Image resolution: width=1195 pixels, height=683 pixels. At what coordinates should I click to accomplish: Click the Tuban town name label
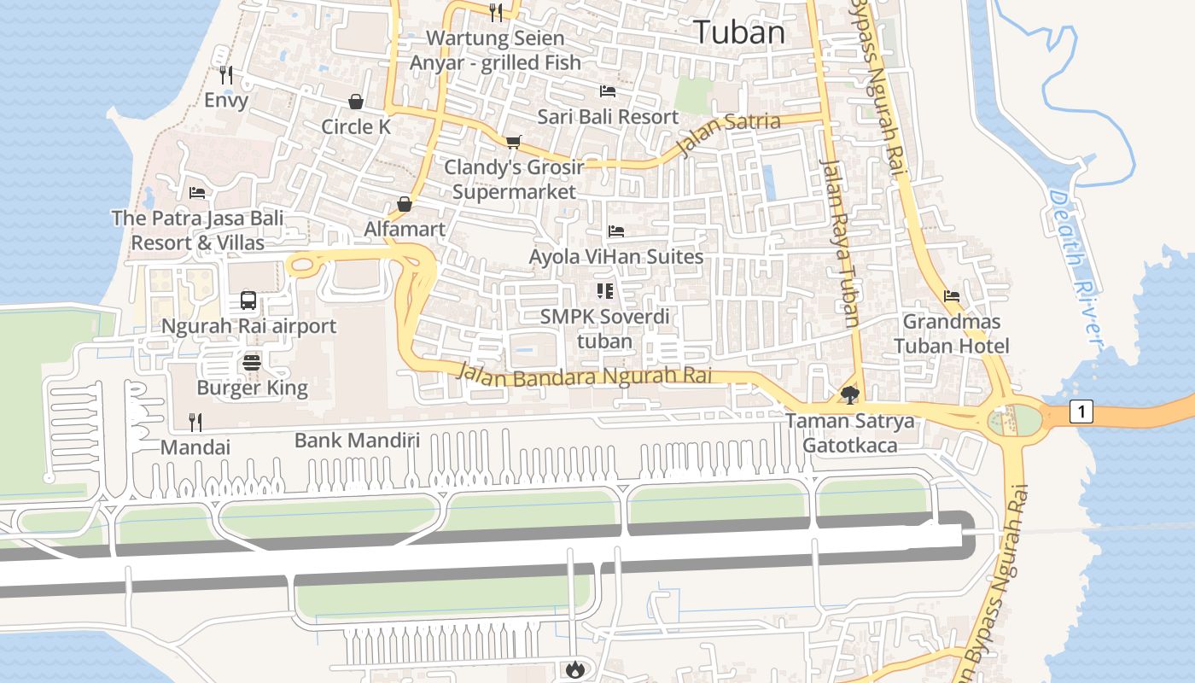click(739, 32)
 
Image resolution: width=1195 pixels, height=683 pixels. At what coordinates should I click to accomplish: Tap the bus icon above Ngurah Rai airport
click(248, 301)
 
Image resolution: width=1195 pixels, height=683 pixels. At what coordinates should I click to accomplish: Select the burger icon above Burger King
click(251, 362)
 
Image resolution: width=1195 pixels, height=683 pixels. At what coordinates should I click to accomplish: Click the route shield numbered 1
click(1081, 412)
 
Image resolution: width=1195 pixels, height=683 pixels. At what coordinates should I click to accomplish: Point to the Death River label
click(1075, 266)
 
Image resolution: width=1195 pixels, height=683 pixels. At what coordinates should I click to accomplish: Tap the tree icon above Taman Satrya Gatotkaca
click(849, 394)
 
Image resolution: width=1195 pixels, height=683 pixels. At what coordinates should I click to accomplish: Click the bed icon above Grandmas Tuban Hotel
click(952, 296)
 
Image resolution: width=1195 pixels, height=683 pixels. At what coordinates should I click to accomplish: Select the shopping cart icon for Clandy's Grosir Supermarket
click(513, 142)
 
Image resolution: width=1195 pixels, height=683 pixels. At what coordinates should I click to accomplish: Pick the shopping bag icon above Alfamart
click(405, 204)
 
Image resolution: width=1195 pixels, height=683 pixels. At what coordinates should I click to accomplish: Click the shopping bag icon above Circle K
click(356, 102)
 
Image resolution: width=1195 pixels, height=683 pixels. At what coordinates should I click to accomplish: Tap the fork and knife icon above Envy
click(225, 75)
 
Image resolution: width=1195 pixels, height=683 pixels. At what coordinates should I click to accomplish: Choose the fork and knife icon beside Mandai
click(195, 421)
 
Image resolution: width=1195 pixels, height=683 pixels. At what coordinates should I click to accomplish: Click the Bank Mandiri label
click(357, 441)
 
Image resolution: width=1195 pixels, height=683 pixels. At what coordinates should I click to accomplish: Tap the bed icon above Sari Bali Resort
click(608, 90)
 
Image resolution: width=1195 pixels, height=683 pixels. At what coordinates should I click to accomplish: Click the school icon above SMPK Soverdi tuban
click(605, 291)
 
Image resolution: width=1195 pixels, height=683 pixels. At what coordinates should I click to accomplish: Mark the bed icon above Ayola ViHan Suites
click(615, 231)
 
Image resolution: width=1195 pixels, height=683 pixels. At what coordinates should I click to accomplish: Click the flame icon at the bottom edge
click(574, 669)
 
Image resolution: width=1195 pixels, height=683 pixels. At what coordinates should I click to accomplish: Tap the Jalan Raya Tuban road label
click(840, 242)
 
